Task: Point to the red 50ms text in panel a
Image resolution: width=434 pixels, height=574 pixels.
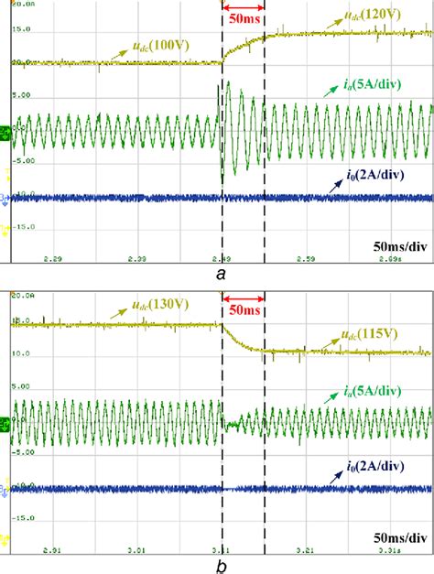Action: (243, 19)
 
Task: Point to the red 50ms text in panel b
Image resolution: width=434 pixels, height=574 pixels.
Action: (243, 310)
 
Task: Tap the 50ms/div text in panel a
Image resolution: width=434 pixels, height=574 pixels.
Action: (398, 245)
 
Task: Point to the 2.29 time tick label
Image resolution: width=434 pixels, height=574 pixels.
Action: (53, 259)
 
